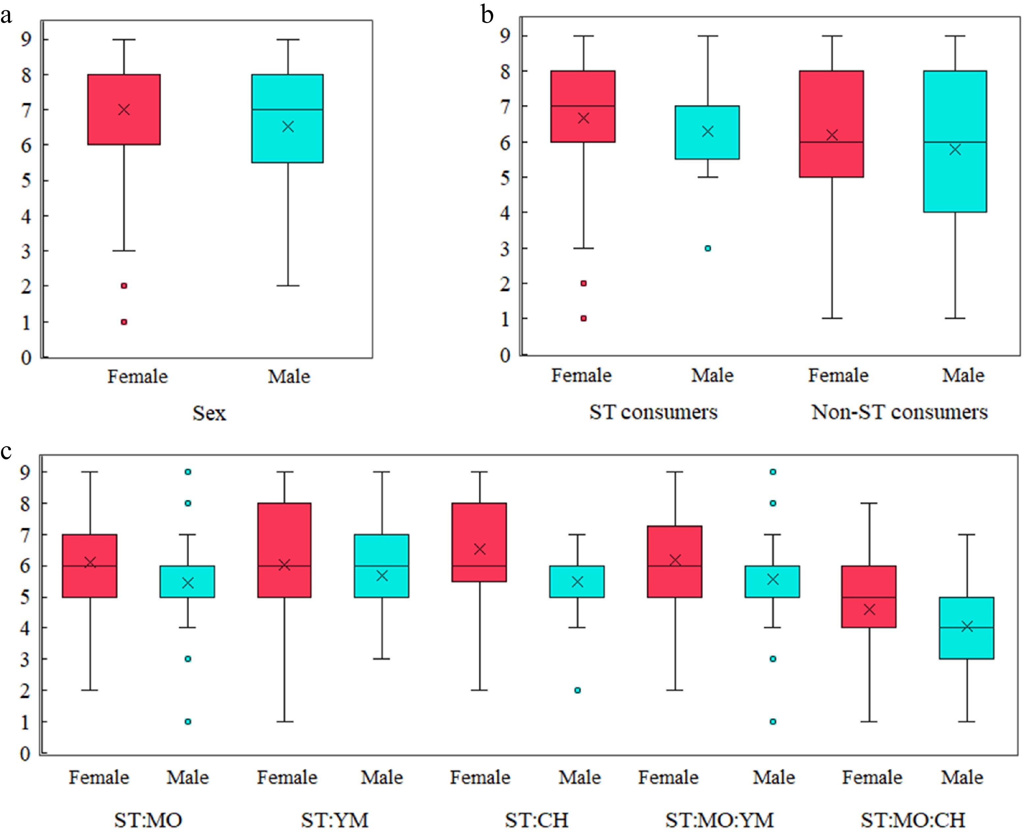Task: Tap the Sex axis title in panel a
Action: click(209, 413)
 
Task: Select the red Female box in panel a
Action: click(124, 109)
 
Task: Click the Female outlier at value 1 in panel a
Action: click(124, 322)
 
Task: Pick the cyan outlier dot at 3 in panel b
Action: click(707, 248)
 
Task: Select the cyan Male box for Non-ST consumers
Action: click(955, 141)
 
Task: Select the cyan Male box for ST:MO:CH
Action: click(966, 628)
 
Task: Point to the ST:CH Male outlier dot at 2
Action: click(578, 690)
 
